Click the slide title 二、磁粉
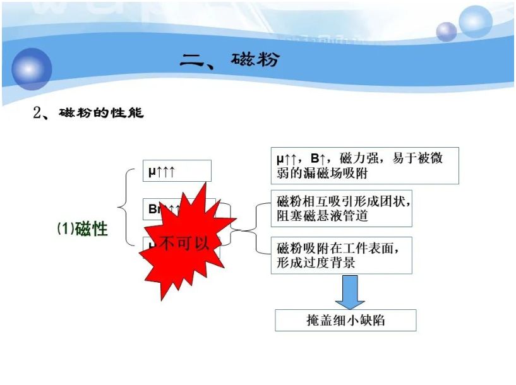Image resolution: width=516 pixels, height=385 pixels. pos(229,61)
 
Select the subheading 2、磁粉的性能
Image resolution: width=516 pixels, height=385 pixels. pos(88,114)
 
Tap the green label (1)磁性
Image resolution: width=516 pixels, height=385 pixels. pos(83,228)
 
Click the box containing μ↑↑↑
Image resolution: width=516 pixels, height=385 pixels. pos(177,170)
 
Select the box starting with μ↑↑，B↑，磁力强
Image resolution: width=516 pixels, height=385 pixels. pos(364,165)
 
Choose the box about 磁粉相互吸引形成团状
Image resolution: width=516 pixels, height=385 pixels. pos(341,209)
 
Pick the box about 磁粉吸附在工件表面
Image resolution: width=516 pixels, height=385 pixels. pos(341,255)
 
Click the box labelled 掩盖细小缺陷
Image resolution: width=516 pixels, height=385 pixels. pos(345,320)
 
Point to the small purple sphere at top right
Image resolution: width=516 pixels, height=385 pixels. pos(447,31)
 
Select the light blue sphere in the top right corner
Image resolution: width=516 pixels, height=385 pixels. pos(475,21)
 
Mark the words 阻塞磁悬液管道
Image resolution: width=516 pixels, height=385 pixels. pos(322,216)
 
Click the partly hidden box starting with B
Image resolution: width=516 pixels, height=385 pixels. pos(155,209)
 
